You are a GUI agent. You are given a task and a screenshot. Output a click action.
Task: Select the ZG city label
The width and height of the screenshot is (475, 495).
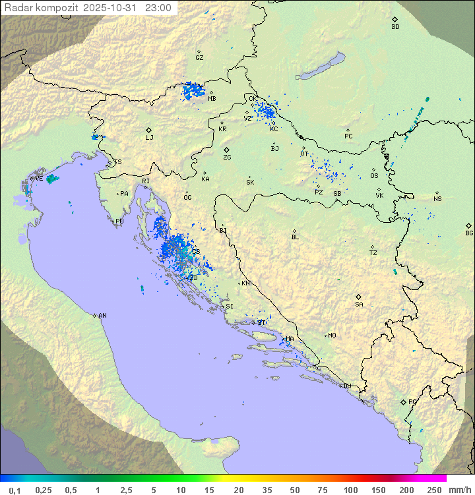click(227, 158)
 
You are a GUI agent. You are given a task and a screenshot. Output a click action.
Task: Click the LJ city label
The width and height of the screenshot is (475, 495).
click(149, 138)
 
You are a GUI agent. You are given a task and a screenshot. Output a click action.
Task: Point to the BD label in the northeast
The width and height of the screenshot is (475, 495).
click(395, 27)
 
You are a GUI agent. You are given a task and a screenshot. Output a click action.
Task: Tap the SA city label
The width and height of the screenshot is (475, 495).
click(359, 305)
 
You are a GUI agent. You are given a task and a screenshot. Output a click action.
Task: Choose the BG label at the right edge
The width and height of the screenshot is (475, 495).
click(469, 233)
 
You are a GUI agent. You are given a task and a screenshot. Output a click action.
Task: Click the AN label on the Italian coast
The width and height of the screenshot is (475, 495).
click(102, 316)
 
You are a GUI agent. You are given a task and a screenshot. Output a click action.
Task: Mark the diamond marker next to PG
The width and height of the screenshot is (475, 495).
click(403, 401)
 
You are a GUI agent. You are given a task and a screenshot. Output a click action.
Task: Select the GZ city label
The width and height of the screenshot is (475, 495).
click(199, 58)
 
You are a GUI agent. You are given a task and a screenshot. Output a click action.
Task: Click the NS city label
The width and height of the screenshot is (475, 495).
click(437, 199)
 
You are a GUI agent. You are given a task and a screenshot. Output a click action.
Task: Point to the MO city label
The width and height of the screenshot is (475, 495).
click(332, 335)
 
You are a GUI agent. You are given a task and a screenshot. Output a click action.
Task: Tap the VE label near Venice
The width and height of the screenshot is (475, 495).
click(39, 179)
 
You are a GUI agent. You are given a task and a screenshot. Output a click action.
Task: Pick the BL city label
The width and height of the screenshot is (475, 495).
click(295, 237)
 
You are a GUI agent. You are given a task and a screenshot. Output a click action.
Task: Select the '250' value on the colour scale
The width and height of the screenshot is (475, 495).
click(434, 490)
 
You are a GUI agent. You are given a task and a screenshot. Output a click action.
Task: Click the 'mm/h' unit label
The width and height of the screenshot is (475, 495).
click(459, 490)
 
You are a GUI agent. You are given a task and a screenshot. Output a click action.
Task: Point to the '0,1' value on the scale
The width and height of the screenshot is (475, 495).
click(15, 490)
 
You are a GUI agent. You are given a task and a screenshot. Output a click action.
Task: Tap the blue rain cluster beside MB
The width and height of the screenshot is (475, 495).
click(194, 90)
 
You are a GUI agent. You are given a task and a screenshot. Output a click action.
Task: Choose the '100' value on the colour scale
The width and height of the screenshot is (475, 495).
click(350, 490)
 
